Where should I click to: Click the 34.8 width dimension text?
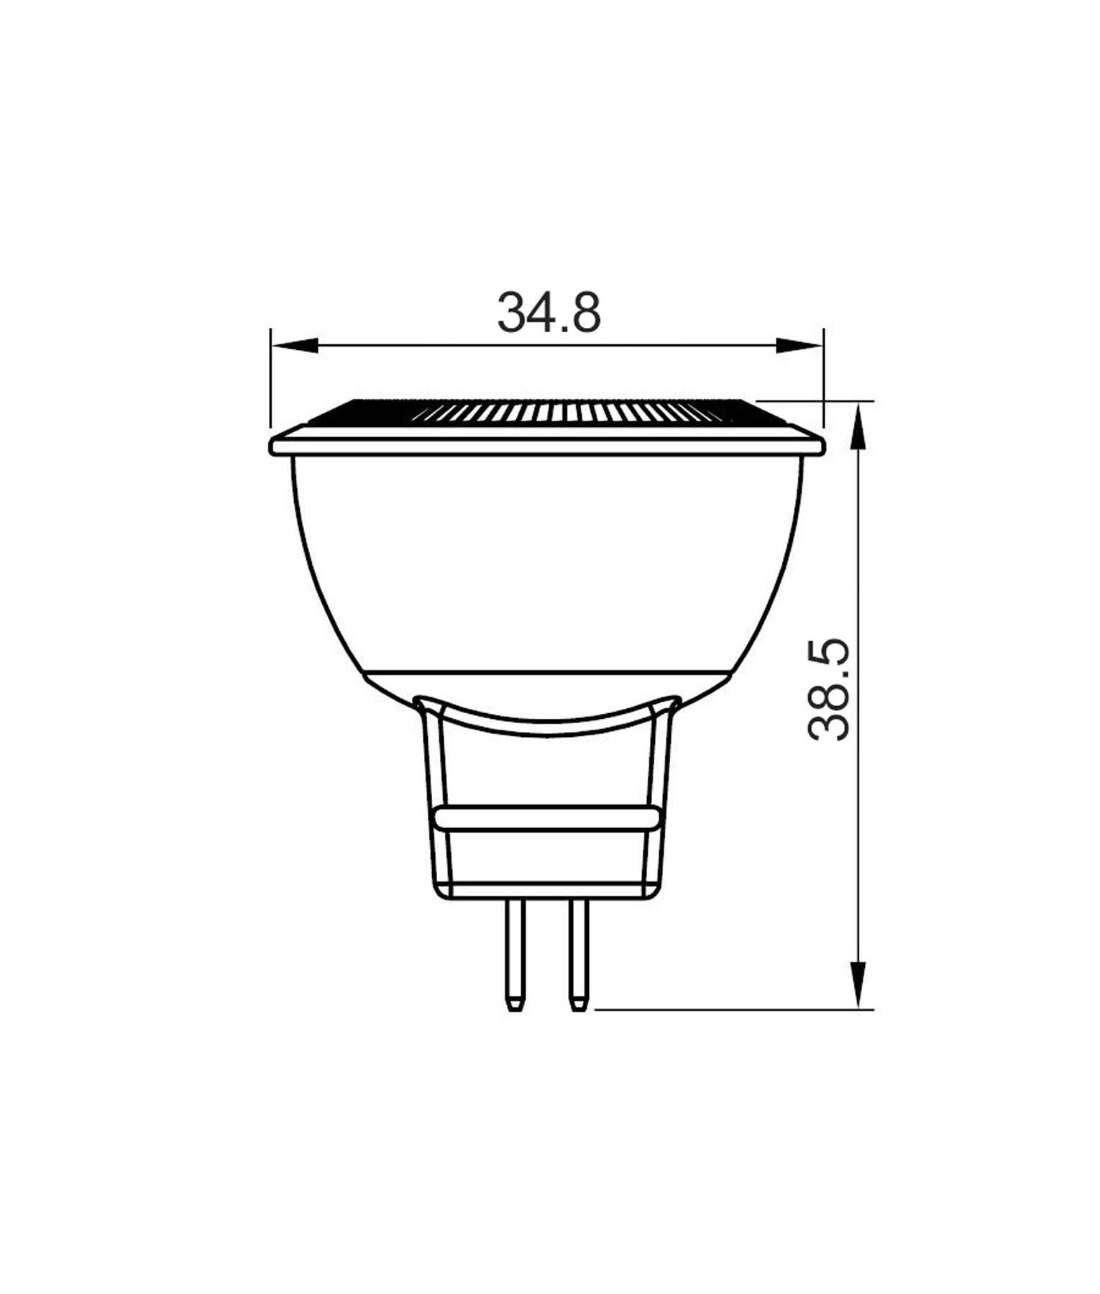click(549, 313)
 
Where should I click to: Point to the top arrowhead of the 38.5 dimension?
click(858, 428)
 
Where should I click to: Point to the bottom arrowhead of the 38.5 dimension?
click(858, 983)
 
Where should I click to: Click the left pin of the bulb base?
click(515, 949)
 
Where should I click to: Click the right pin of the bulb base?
click(578, 949)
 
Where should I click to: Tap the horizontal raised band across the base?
click(548, 819)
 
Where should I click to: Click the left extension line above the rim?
click(271, 381)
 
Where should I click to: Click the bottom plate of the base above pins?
click(548, 891)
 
